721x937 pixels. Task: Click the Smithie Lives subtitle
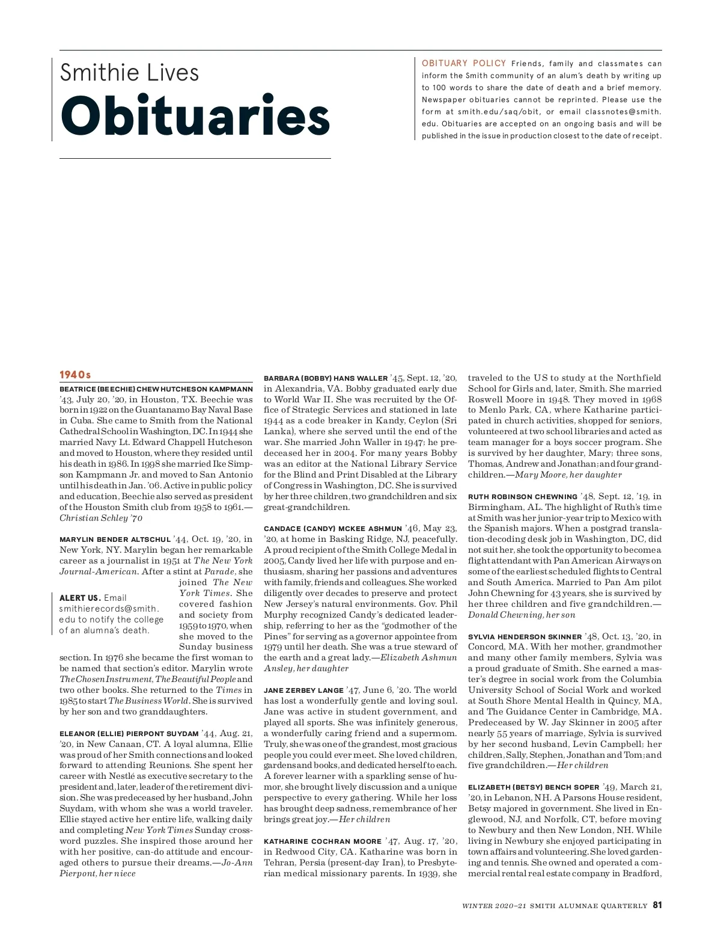coord(129,73)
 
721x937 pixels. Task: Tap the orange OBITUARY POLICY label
coord(463,63)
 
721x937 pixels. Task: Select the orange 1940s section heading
coord(75,375)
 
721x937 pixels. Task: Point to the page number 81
coord(657,905)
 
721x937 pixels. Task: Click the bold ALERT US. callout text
coord(80,598)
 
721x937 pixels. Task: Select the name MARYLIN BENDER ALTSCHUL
coord(115,539)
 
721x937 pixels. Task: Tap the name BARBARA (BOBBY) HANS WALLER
coord(326,378)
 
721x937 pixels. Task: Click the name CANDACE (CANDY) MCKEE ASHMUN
coord(333,529)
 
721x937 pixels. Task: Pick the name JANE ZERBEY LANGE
coord(303,690)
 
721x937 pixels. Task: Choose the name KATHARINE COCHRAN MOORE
coord(323,841)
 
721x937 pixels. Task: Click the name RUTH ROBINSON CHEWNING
coord(523,497)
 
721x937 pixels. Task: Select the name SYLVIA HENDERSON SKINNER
coord(525,637)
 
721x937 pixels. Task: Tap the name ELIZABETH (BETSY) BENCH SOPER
coord(534,787)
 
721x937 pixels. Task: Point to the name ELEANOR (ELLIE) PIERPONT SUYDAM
coord(129,734)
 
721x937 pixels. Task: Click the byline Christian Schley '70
coord(101,518)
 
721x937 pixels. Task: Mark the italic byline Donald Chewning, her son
coord(522,615)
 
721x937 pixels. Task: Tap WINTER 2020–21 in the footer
coord(494,906)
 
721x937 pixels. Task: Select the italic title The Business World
coord(149,701)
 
